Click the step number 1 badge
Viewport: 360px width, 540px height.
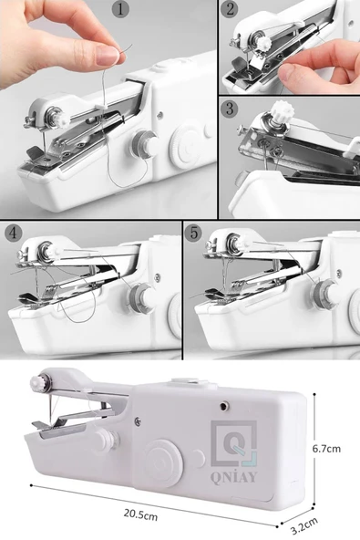(x=120, y=9)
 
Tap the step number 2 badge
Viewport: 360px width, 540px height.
(x=230, y=9)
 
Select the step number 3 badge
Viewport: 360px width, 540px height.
(x=230, y=109)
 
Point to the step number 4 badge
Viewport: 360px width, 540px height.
(x=13, y=234)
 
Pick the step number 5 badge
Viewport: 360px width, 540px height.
(x=194, y=234)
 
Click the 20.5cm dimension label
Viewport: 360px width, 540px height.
(x=140, y=515)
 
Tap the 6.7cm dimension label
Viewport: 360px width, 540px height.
(x=326, y=449)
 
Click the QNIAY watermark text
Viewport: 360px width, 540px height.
(x=233, y=477)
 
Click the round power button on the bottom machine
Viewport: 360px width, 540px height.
(x=162, y=462)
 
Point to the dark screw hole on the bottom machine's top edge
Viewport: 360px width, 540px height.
(x=224, y=407)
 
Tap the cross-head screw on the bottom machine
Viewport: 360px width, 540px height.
(x=137, y=421)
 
